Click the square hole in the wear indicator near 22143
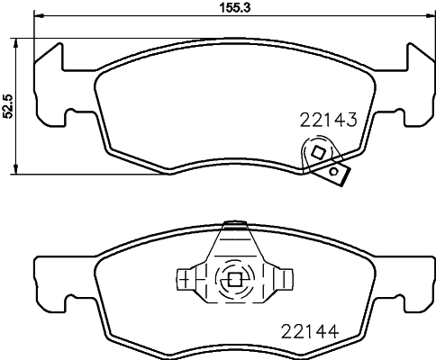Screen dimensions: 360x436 (x=316, y=155)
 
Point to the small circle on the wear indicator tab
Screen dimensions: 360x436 (x=334, y=170)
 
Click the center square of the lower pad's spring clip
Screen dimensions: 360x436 (x=234, y=279)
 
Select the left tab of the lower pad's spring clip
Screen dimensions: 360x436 (x=187, y=279)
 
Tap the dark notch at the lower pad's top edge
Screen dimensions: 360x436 (x=234, y=220)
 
